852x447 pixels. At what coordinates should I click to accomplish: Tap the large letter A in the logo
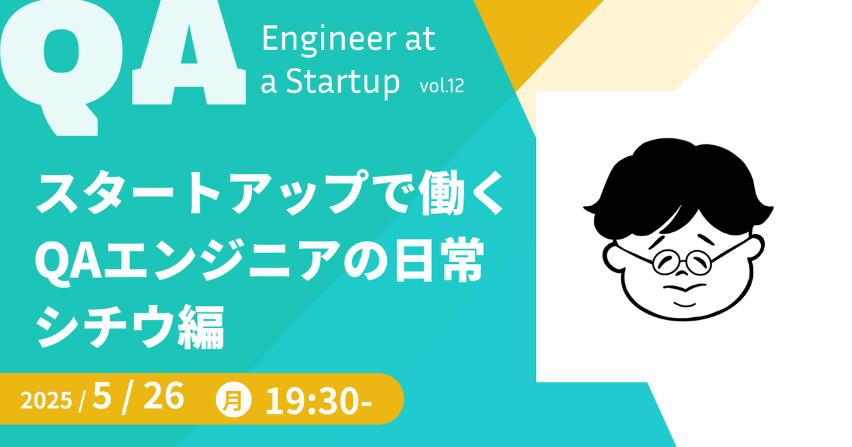(x=189, y=53)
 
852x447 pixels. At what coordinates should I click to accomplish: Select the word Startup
(x=343, y=82)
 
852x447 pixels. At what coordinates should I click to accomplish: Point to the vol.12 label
(x=442, y=86)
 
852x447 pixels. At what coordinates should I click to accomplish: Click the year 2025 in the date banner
(x=46, y=401)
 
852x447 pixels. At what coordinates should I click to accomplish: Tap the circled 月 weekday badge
(x=234, y=400)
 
